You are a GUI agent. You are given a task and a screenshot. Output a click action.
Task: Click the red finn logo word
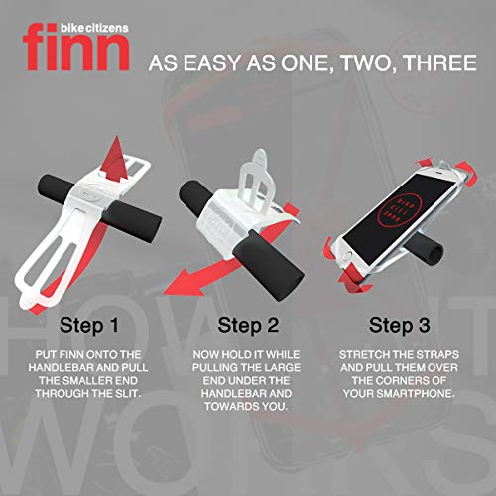coord(75,47)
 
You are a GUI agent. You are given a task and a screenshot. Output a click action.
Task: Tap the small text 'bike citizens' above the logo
coord(94,28)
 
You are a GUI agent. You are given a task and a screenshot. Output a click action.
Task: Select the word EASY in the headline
coord(211,62)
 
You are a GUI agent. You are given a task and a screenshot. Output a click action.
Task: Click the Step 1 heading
coord(89,325)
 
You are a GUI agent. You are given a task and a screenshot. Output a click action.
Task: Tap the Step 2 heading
coord(248,325)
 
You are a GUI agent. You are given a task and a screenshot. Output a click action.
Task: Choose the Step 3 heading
coord(400,325)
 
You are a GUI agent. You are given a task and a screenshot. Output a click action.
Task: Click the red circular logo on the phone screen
coord(400,210)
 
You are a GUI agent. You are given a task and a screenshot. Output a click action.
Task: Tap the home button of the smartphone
coord(347,257)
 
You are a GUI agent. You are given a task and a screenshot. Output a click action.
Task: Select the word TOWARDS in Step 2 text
coord(231,406)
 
